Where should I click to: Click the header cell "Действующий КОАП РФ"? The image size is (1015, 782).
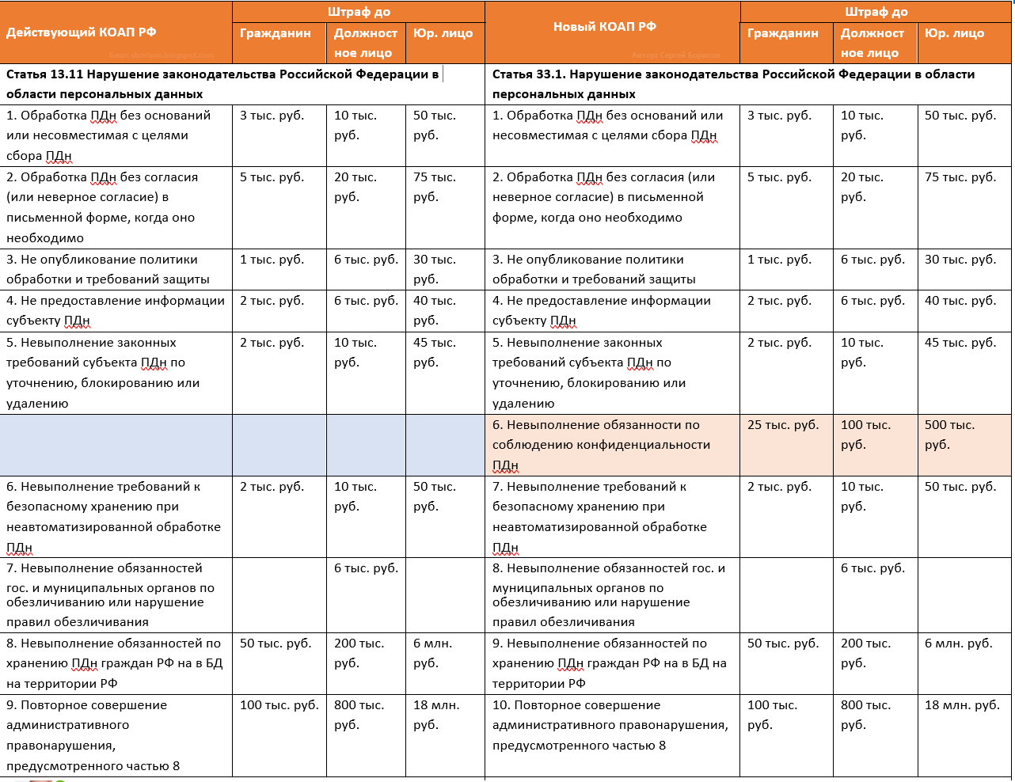[82, 32]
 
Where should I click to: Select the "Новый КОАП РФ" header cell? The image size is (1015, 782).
[605, 27]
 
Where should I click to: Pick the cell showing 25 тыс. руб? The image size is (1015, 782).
[783, 425]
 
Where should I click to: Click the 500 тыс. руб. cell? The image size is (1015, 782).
[950, 435]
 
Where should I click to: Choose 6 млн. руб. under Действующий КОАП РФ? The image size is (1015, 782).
[433, 653]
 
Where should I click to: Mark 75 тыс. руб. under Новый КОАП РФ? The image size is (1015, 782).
[960, 177]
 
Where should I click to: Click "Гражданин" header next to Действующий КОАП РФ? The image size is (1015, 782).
[276, 33]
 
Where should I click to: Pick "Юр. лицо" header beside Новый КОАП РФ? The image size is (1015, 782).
[954, 33]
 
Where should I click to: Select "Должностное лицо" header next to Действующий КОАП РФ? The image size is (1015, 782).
[365, 43]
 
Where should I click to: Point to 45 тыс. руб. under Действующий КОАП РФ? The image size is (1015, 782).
[435, 352]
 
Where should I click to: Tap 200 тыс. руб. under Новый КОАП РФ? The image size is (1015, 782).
[866, 653]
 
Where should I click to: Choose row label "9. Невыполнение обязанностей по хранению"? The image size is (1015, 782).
[609, 663]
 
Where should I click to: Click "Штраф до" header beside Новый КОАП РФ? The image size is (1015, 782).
[876, 12]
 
